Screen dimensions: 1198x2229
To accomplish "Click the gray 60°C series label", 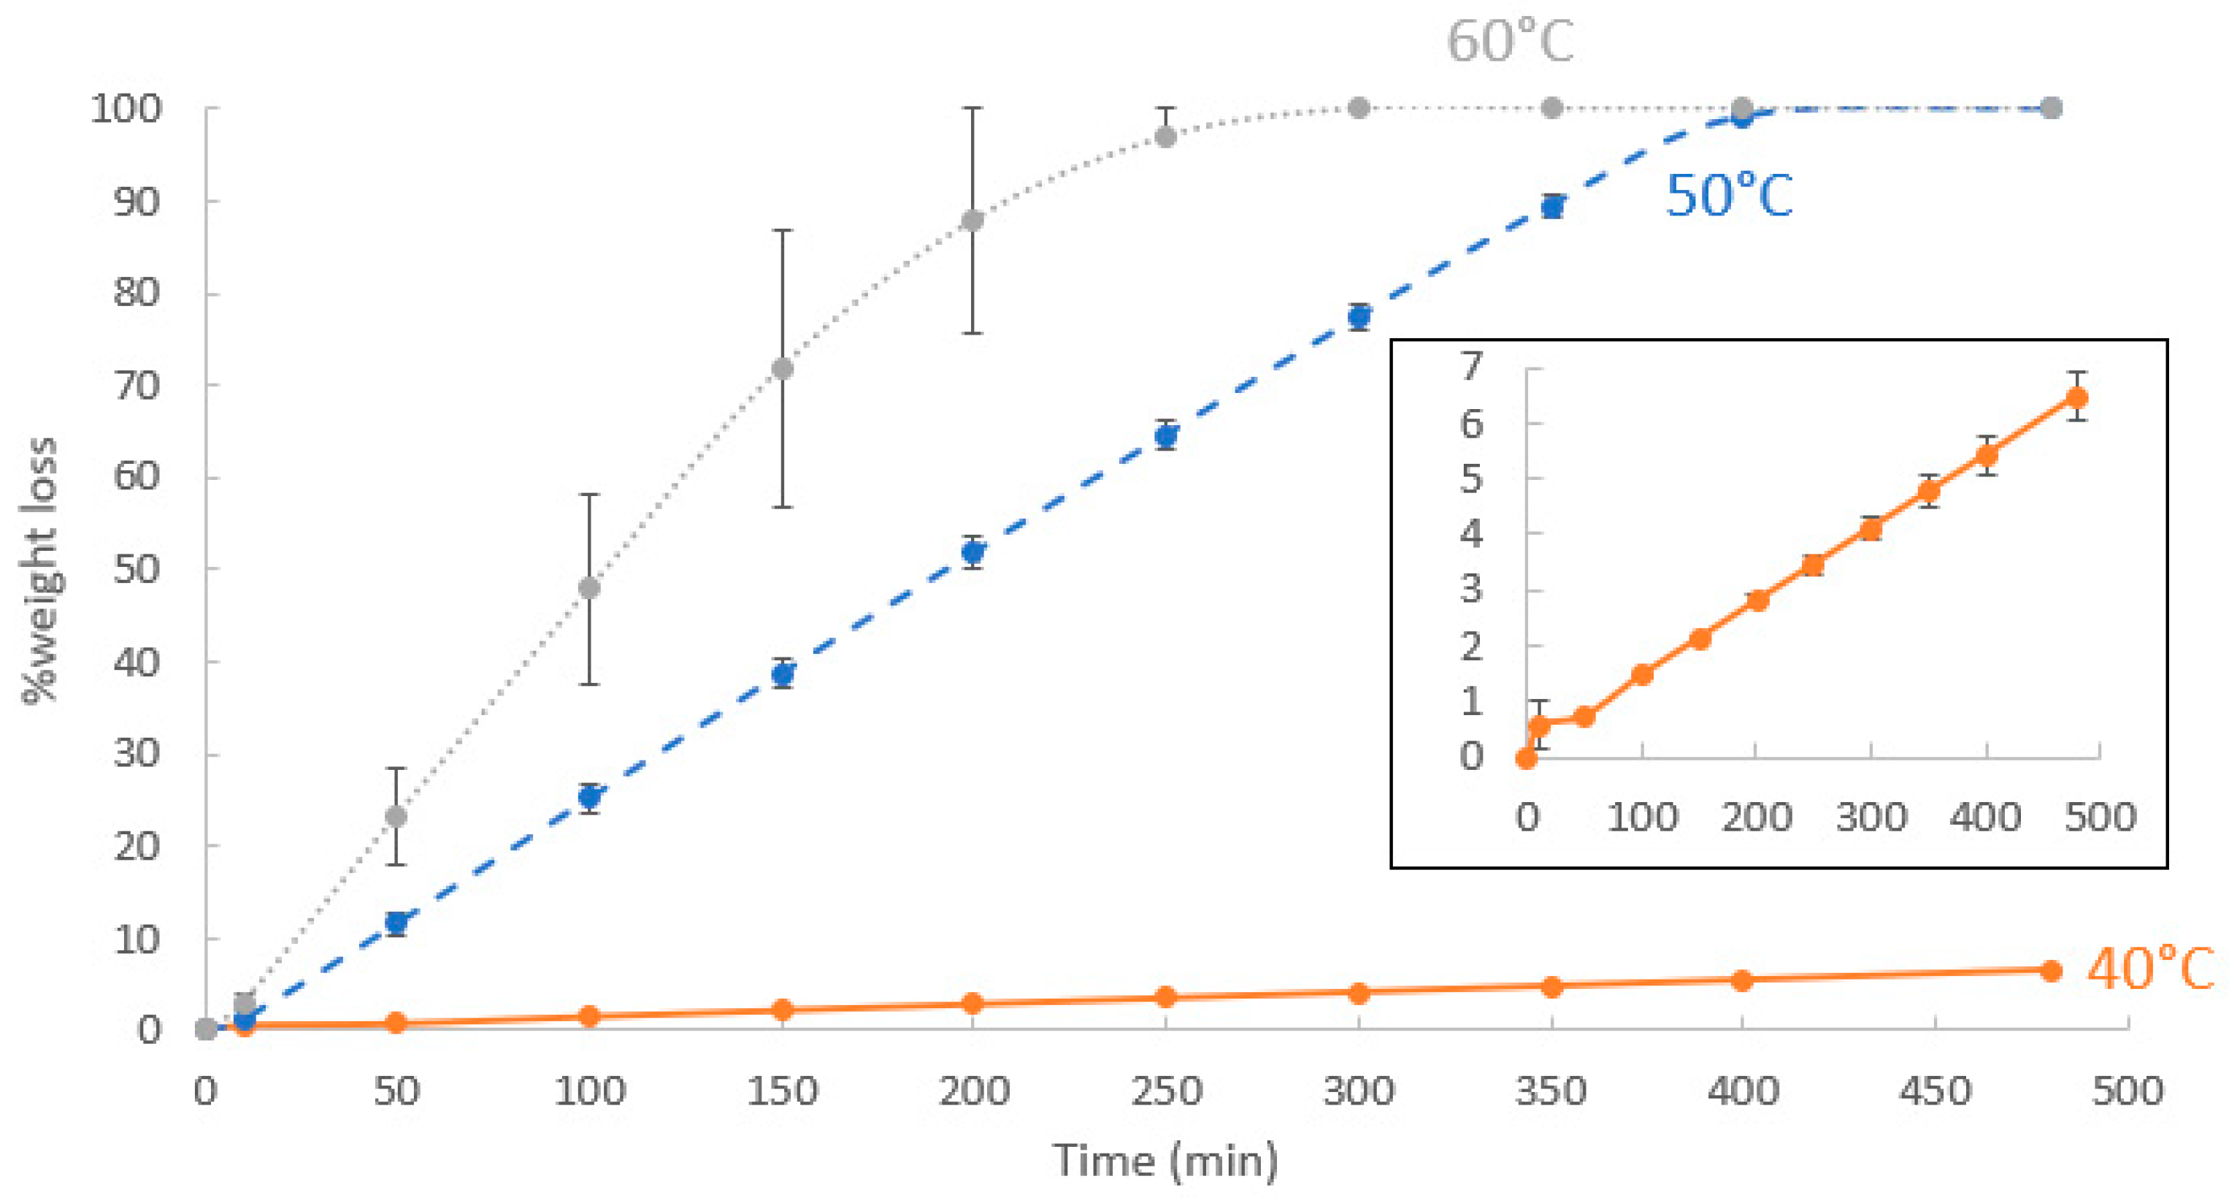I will pyautogui.click(x=1510, y=42).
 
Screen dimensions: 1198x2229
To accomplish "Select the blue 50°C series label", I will pyautogui.click(x=1728, y=196).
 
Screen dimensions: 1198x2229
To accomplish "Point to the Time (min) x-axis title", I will pyautogui.click(x=1165, y=1160).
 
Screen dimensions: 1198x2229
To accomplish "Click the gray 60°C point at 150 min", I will pyautogui.click(x=782, y=369).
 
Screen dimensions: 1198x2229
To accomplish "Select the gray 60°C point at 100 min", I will pyautogui.click(x=589, y=589).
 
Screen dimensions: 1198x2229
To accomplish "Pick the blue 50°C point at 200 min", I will pyautogui.click(x=972, y=552).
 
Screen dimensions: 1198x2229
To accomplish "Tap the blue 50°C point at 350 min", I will pyautogui.click(x=1552, y=207).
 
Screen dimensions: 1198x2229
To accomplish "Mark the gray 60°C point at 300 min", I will pyautogui.click(x=1359, y=108).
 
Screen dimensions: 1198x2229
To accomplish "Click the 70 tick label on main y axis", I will pyautogui.click(x=137, y=385).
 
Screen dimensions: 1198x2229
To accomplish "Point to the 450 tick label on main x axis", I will pyautogui.click(x=1935, y=1091).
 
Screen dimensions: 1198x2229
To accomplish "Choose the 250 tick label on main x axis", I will pyautogui.click(x=1165, y=1091).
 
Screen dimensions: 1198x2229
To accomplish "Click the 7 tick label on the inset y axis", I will pyautogui.click(x=1472, y=367).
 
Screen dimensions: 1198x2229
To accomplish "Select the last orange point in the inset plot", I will pyautogui.click(x=2076, y=398).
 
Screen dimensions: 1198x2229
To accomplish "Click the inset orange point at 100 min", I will pyautogui.click(x=1642, y=674).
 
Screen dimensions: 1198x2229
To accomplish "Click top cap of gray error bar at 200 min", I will pyautogui.click(x=972, y=108).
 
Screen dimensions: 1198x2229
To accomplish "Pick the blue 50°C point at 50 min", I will pyautogui.click(x=396, y=923).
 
